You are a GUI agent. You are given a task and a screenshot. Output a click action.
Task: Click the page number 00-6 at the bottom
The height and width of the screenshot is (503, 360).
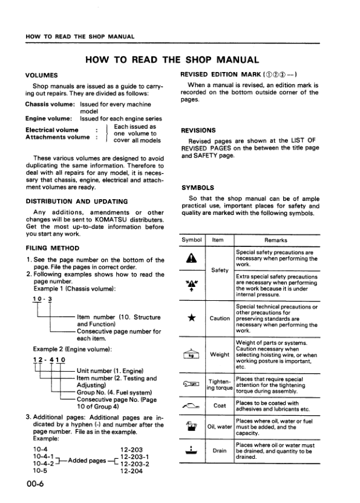click(35, 482)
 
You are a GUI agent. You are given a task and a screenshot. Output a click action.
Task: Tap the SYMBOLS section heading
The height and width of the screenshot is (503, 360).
click(197, 188)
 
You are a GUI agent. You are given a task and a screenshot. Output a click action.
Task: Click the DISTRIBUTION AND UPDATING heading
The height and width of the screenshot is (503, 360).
click(77, 201)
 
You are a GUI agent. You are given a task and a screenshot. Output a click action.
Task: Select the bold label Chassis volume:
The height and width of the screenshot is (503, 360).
click(50, 104)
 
